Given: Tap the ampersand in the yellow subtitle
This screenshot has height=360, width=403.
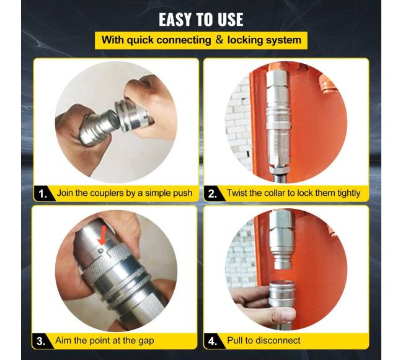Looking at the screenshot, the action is pos(219,40).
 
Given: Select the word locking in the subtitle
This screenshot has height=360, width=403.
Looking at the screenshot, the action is pos(244,40).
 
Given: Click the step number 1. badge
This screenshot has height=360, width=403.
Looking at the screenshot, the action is pos(43,193).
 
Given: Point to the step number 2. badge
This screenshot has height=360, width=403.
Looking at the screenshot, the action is pos(213,193).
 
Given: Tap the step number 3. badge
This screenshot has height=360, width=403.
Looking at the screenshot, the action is pos(42,341).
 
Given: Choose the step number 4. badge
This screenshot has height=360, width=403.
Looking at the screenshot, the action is pos(213,341).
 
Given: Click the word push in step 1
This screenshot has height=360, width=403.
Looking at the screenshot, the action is pos(183,193).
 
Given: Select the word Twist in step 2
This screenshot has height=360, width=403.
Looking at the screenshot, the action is pos(236,193).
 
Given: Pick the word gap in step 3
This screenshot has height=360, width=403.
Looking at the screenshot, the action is pos(146,341).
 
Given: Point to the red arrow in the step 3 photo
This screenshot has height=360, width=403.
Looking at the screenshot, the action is pos(102,235).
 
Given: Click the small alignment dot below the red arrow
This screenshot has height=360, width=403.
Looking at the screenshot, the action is pos(101,250).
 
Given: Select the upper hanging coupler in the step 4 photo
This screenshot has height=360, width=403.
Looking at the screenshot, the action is pos(281,239).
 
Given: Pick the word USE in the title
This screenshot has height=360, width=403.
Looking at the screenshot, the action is pos(230,20).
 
